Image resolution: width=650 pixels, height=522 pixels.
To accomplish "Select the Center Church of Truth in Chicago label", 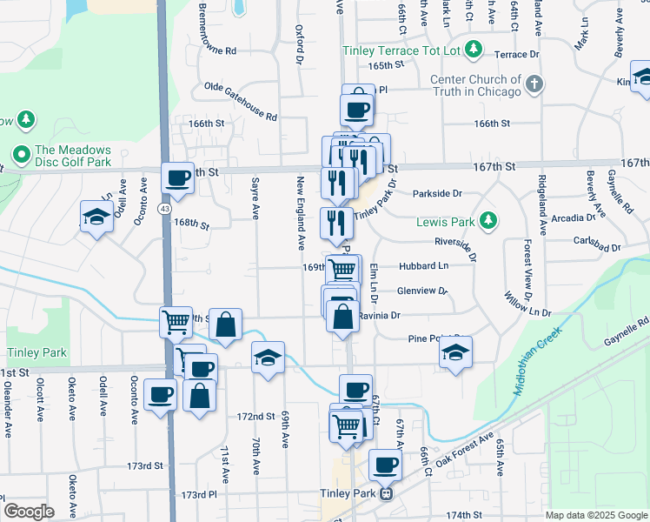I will coord(476,85).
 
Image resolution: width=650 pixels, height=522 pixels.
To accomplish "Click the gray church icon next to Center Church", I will coord(534,84).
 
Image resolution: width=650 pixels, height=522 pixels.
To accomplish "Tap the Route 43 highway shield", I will coord(164,209).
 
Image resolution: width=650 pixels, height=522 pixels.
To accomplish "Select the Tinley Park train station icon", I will coord(388,493).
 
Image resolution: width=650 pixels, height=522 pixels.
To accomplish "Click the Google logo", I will coord(29,512).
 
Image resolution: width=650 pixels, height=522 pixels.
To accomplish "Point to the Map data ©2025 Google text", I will coord(594,515).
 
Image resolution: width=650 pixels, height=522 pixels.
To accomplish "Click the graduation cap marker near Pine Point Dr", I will coord(454,352).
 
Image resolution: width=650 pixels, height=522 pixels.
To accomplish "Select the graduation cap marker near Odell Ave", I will coord(96,217).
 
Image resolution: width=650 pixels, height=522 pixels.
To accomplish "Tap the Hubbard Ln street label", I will coord(423,265).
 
